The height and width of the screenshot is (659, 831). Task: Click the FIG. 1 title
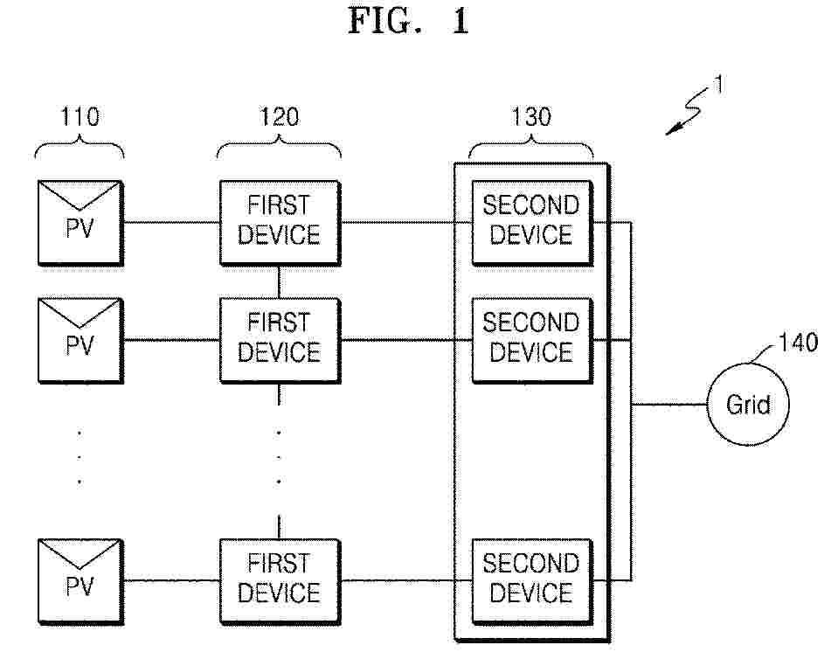409,22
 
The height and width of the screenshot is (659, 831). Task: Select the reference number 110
80,117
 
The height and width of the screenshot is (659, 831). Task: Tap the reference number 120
279,117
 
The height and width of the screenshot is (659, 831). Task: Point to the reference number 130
531,117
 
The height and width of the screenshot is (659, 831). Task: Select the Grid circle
749,406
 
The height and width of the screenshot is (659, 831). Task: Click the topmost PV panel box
80,222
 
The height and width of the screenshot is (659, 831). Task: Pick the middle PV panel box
80,340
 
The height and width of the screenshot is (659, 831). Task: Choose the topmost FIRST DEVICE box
279,222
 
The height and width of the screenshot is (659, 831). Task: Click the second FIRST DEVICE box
279,340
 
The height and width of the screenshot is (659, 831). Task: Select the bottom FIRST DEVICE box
279,579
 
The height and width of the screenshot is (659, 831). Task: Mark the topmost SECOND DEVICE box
531,222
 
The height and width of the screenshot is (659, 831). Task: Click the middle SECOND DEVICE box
531,340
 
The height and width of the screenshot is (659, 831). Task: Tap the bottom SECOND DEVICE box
531,579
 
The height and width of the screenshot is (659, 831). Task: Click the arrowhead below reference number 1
673,130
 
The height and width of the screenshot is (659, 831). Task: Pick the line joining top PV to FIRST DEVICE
170,222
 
